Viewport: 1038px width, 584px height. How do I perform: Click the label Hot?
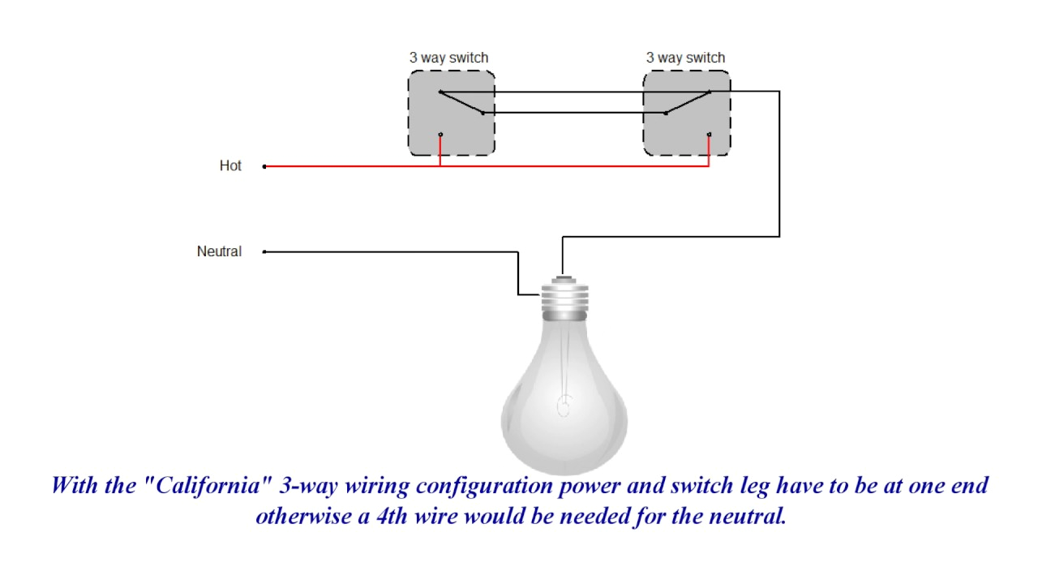tap(230, 165)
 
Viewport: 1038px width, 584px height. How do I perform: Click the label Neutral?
tap(219, 251)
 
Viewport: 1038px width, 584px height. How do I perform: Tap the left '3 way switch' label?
tap(448, 58)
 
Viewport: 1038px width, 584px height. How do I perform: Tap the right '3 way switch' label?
tap(685, 58)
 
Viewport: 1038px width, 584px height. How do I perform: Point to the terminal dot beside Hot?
tap(264, 166)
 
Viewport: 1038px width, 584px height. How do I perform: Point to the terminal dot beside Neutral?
tap(264, 252)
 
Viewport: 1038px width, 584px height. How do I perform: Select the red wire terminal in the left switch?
tap(440, 135)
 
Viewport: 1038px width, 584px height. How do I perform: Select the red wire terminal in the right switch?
tap(710, 135)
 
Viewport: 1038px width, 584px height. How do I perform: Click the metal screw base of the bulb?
tap(564, 298)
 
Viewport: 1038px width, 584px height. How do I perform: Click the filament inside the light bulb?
tap(564, 403)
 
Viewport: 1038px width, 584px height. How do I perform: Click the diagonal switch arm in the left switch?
tap(461, 102)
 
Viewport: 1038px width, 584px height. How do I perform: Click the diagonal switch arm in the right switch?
tap(688, 102)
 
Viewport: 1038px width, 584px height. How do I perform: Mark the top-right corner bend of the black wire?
tap(779, 92)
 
